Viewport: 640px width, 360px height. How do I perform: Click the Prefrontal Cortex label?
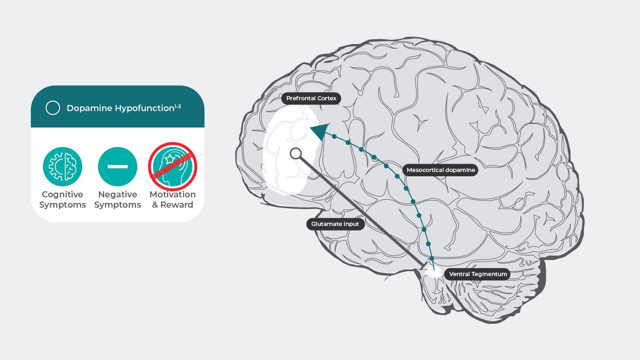click(311, 98)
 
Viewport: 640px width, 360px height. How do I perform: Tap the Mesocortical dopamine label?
click(440, 170)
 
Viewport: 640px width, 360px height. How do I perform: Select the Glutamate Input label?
click(335, 224)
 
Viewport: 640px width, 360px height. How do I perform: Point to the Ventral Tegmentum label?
click(478, 274)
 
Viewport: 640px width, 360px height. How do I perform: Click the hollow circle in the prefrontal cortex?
click(296, 153)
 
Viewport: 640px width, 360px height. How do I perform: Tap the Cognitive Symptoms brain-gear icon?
click(62, 166)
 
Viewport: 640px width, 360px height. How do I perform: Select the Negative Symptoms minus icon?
click(118, 166)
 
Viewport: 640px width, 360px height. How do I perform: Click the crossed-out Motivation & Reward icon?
click(172, 166)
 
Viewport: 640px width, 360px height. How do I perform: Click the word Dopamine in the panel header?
click(89, 108)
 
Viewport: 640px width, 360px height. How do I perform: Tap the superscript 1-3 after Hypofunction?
click(178, 106)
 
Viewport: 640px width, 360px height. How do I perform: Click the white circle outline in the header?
click(52, 108)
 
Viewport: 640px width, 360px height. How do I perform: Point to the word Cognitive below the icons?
click(62, 195)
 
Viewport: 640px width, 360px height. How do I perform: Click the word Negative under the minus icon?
click(118, 195)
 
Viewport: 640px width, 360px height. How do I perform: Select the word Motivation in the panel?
click(172, 195)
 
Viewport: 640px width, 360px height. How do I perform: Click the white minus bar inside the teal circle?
click(118, 166)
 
